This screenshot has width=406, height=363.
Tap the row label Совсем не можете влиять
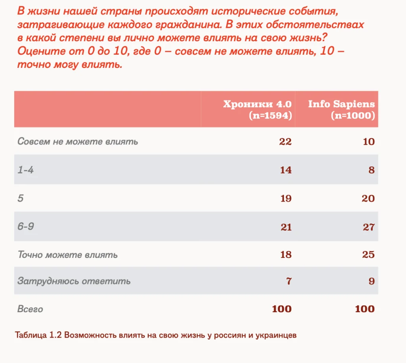[x=78, y=142]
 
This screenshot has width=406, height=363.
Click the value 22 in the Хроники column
[x=285, y=142]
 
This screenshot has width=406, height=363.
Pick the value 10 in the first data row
[x=368, y=142]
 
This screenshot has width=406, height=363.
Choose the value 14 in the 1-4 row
[x=285, y=170]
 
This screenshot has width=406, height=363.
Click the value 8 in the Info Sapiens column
[x=371, y=170]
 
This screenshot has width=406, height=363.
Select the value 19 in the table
[x=285, y=198]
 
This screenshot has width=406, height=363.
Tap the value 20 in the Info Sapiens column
[x=368, y=198]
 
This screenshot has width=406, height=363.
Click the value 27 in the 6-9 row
[x=368, y=227]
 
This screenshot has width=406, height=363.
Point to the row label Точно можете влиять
[x=67, y=255]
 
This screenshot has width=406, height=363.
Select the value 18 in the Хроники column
[x=285, y=255]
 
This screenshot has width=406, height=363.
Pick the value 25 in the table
[x=368, y=255]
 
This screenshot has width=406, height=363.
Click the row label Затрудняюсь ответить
[x=74, y=281]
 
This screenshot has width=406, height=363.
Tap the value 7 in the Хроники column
[x=289, y=282]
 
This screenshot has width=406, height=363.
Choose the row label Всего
[x=30, y=309]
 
